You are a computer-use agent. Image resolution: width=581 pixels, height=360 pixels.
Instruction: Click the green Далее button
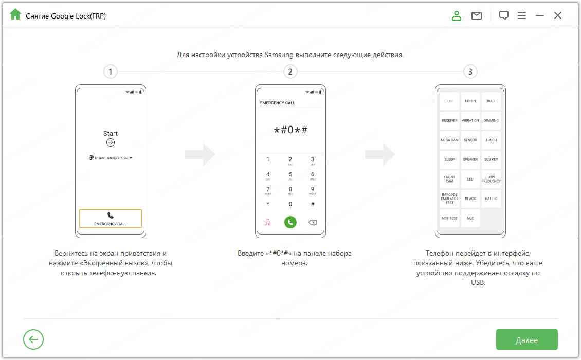526,339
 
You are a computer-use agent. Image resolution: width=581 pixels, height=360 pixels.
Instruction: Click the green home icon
15,14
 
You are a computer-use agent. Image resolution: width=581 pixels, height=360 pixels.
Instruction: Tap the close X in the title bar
558,15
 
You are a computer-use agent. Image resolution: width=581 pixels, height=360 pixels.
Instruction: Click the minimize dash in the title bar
540,15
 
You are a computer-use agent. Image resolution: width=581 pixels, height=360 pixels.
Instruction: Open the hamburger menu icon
522,15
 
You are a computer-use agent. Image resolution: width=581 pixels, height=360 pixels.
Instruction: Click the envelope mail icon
477,15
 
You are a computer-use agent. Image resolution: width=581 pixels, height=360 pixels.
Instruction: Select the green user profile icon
457,15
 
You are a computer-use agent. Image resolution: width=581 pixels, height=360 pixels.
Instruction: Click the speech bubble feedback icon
503,15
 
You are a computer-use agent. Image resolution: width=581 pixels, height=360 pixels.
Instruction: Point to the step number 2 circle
290,71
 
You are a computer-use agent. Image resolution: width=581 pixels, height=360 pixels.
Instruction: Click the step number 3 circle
470,71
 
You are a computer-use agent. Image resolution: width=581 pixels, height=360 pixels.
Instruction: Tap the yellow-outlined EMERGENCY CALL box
111,219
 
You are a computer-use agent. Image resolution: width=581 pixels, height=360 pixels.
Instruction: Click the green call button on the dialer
290,222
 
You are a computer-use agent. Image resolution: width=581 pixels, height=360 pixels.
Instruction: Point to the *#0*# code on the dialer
290,130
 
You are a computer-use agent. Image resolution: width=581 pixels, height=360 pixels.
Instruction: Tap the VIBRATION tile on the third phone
470,120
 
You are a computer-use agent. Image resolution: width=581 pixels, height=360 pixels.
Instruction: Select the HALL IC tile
491,199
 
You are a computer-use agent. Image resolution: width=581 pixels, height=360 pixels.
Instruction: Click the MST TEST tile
449,218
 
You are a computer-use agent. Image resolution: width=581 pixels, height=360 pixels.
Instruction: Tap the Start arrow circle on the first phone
111,142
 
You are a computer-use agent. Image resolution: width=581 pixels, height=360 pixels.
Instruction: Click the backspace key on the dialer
313,223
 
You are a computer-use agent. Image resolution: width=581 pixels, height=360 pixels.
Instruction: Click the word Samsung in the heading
279,55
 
